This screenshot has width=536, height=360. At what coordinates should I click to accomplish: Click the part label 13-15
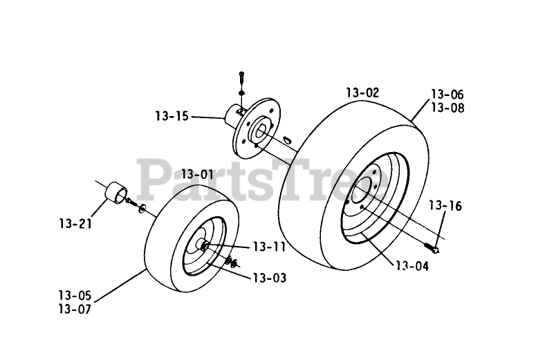point(172,116)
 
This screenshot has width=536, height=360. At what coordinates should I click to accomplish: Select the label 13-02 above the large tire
point(362,93)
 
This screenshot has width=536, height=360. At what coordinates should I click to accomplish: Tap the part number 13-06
point(447,95)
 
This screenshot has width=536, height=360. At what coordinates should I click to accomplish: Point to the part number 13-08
point(447,108)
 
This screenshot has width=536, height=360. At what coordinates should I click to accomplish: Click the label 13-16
point(445,205)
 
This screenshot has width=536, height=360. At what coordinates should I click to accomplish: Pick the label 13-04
point(412,265)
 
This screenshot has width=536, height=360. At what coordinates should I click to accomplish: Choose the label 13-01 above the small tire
point(197,174)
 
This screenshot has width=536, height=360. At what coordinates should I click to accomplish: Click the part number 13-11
point(269,246)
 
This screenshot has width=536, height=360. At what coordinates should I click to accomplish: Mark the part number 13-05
point(75,296)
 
